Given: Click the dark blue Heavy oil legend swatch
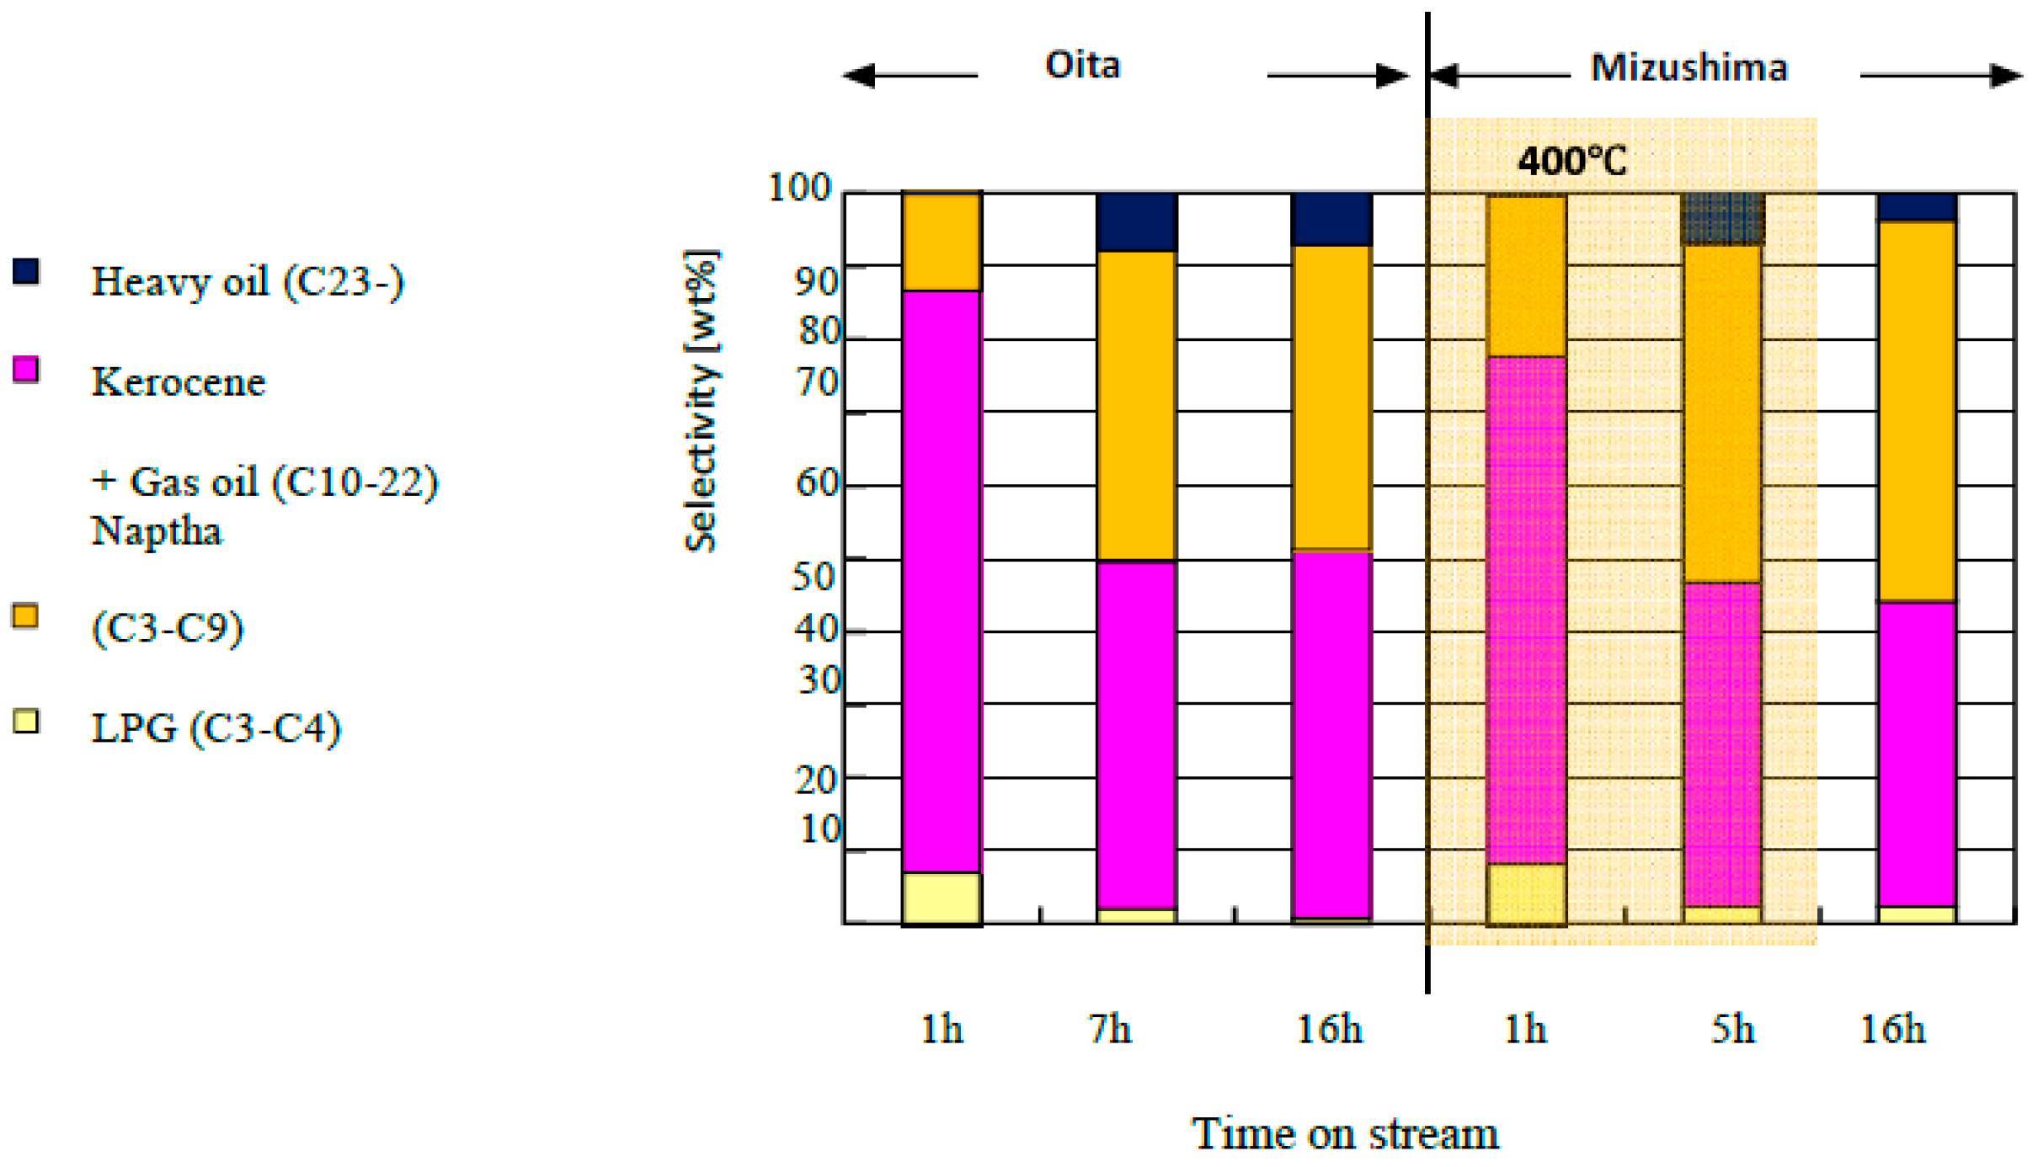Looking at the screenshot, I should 26,271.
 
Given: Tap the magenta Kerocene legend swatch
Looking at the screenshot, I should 26,370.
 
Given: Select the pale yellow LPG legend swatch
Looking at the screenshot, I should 26,722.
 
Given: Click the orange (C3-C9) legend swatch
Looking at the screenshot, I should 25,616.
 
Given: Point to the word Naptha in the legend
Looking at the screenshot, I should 157,531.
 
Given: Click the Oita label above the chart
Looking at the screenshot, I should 1082,66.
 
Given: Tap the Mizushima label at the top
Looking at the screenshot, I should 1689,68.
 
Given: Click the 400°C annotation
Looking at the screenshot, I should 1571,161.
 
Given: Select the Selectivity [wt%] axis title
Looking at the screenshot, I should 701,401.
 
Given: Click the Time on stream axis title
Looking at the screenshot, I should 1345,1133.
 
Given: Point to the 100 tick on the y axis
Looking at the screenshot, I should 799,187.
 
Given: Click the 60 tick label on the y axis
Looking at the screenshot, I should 818,483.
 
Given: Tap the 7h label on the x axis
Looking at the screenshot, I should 1109,1029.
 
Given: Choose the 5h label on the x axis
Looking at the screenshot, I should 1732,1029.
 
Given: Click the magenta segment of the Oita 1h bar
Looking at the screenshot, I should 942,581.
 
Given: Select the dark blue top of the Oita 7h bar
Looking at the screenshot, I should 1136,222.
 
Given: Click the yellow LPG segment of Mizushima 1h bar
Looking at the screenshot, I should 1526,894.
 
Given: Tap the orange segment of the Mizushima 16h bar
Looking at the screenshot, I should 1917,411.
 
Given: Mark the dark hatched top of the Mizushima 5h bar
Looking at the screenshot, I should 1722,219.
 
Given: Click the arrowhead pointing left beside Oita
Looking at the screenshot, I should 859,76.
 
